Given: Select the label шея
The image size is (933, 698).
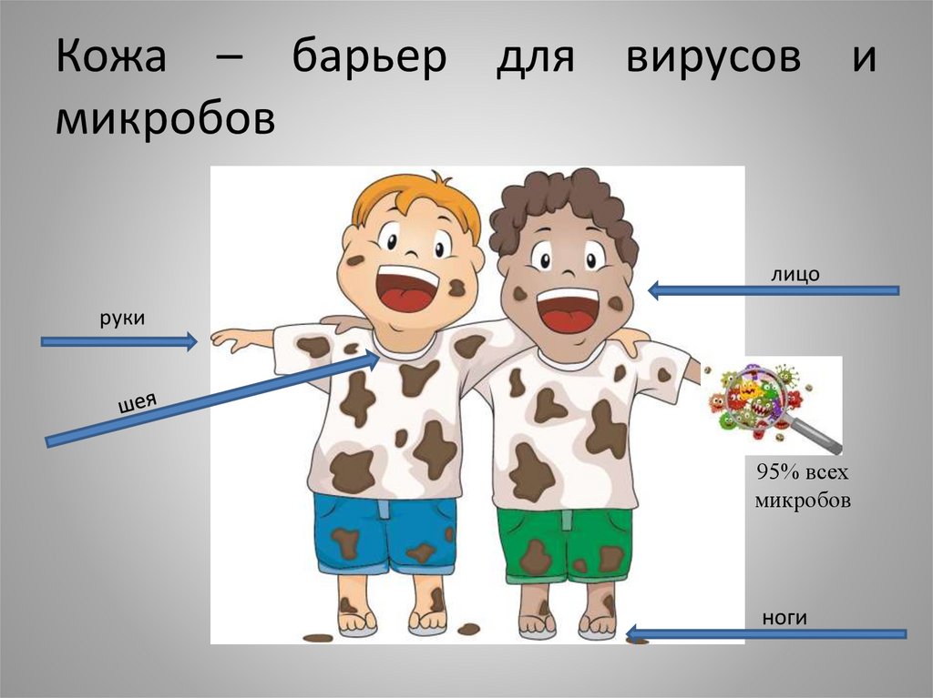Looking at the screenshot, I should (133, 401).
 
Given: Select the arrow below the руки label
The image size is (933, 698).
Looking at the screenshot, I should (118, 341).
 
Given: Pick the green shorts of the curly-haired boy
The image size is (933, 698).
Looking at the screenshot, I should (565, 544).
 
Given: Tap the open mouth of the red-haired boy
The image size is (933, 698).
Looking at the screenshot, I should (406, 289).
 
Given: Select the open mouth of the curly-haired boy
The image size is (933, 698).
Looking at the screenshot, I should (567, 309).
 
